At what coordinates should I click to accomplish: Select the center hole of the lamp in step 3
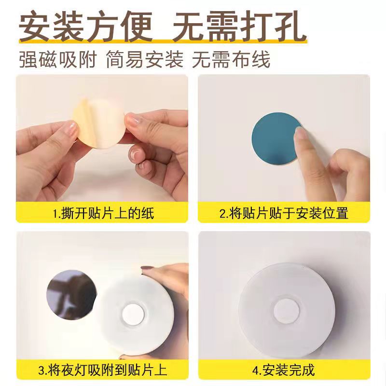(x=132, y=315)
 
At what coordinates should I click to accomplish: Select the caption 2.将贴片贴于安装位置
(x=284, y=213)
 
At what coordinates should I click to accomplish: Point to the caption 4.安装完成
(x=284, y=371)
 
